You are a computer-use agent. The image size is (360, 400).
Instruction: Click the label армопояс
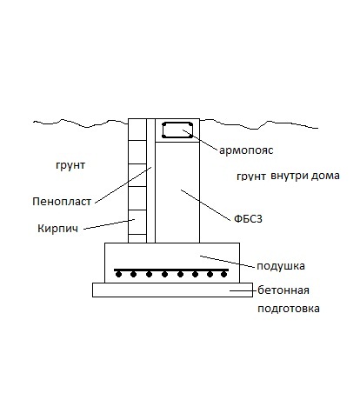pos(246,150)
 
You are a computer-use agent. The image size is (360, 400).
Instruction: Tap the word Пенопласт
pos(62,202)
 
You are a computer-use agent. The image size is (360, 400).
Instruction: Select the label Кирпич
pos(58,229)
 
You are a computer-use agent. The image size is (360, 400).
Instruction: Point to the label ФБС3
pos(248,219)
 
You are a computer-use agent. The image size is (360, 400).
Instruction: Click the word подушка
pos(281,266)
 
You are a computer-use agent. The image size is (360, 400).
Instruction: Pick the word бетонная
pos(283,290)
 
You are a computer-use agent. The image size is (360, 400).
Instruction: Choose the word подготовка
pos(289,309)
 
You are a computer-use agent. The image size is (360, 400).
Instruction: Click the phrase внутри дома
pos(305,176)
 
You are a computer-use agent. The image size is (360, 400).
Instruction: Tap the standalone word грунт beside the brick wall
pos(70,165)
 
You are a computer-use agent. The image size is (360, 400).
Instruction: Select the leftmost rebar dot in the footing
pos(118,274)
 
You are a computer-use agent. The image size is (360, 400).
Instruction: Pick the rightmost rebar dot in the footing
pos(223,274)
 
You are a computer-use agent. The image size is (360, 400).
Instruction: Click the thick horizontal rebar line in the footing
pos(171,270)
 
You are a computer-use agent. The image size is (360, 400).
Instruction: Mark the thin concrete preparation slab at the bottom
pos(172,290)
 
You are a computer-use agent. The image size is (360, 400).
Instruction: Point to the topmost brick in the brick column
pos(137,130)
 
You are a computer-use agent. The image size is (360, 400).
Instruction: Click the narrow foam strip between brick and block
pos(150,181)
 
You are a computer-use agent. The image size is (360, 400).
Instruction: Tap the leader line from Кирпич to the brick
pos(110,224)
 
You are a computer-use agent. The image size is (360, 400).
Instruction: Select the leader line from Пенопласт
pos(123,184)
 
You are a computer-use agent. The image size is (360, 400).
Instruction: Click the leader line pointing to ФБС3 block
pos(206,205)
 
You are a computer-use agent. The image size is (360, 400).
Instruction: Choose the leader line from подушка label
pos(228,261)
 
